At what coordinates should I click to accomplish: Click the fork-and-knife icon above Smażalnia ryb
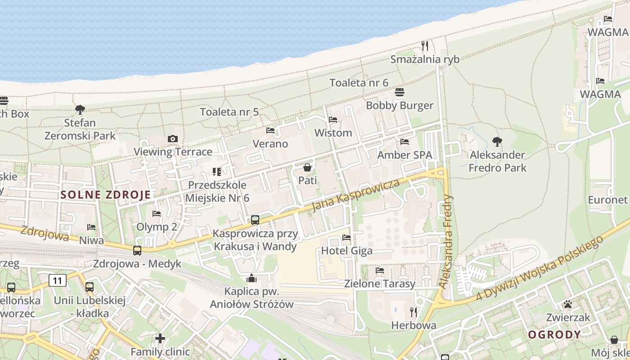pyautogui.click(x=424, y=45)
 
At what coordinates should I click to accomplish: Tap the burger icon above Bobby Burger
pyautogui.click(x=400, y=92)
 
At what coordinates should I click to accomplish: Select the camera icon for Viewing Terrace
pyautogui.click(x=173, y=139)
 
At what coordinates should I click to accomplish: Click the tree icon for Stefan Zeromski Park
pyautogui.click(x=80, y=109)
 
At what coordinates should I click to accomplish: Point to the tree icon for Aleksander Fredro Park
pyautogui.click(x=497, y=142)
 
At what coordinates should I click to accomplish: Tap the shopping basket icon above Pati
pyautogui.click(x=307, y=167)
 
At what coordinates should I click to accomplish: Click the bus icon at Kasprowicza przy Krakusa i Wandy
pyautogui.click(x=255, y=220)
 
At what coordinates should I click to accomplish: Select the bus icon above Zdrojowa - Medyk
pyautogui.click(x=137, y=251)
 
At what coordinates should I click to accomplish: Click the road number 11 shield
pyautogui.click(x=58, y=281)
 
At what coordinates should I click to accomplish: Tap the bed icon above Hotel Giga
pyautogui.click(x=346, y=237)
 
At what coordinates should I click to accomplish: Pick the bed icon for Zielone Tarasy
pyautogui.click(x=380, y=270)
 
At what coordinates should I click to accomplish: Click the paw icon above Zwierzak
pyautogui.click(x=568, y=304)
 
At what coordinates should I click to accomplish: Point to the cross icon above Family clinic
pyautogui.click(x=160, y=338)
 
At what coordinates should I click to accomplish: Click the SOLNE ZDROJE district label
pyautogui.click(x=105, y=195)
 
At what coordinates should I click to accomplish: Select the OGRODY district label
pyautogui.click(x=554, y=334)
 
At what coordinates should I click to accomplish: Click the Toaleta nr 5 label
pyautogui.click(x=229, y=112)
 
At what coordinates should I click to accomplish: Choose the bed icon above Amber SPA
pyautogui.click(x=405, y=142)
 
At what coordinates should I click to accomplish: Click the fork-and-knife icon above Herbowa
pyautogui.click(x=414, y=312)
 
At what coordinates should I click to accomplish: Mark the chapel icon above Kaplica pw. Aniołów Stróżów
pyautogui.click(x=252, y=278)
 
